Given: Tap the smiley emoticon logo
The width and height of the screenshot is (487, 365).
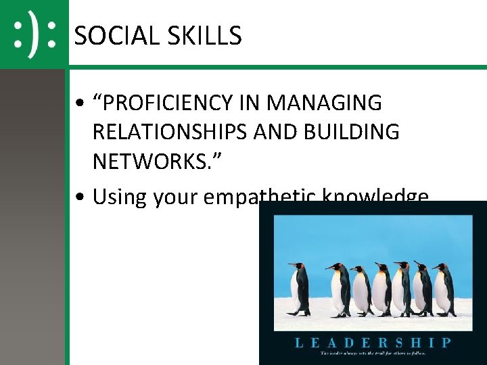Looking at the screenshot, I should [34, 34].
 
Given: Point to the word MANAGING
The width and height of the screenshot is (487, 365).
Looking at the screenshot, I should [325, 103].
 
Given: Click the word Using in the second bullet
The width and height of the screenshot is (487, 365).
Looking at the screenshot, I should [120, 197].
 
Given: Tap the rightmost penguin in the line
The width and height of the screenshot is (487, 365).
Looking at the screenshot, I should [445, 290].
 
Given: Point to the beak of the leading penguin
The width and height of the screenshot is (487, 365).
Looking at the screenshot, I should [289, 264].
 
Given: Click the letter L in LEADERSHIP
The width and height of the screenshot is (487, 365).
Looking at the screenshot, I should [298, 342].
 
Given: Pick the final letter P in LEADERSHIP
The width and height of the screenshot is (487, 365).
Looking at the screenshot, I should [446, 342].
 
